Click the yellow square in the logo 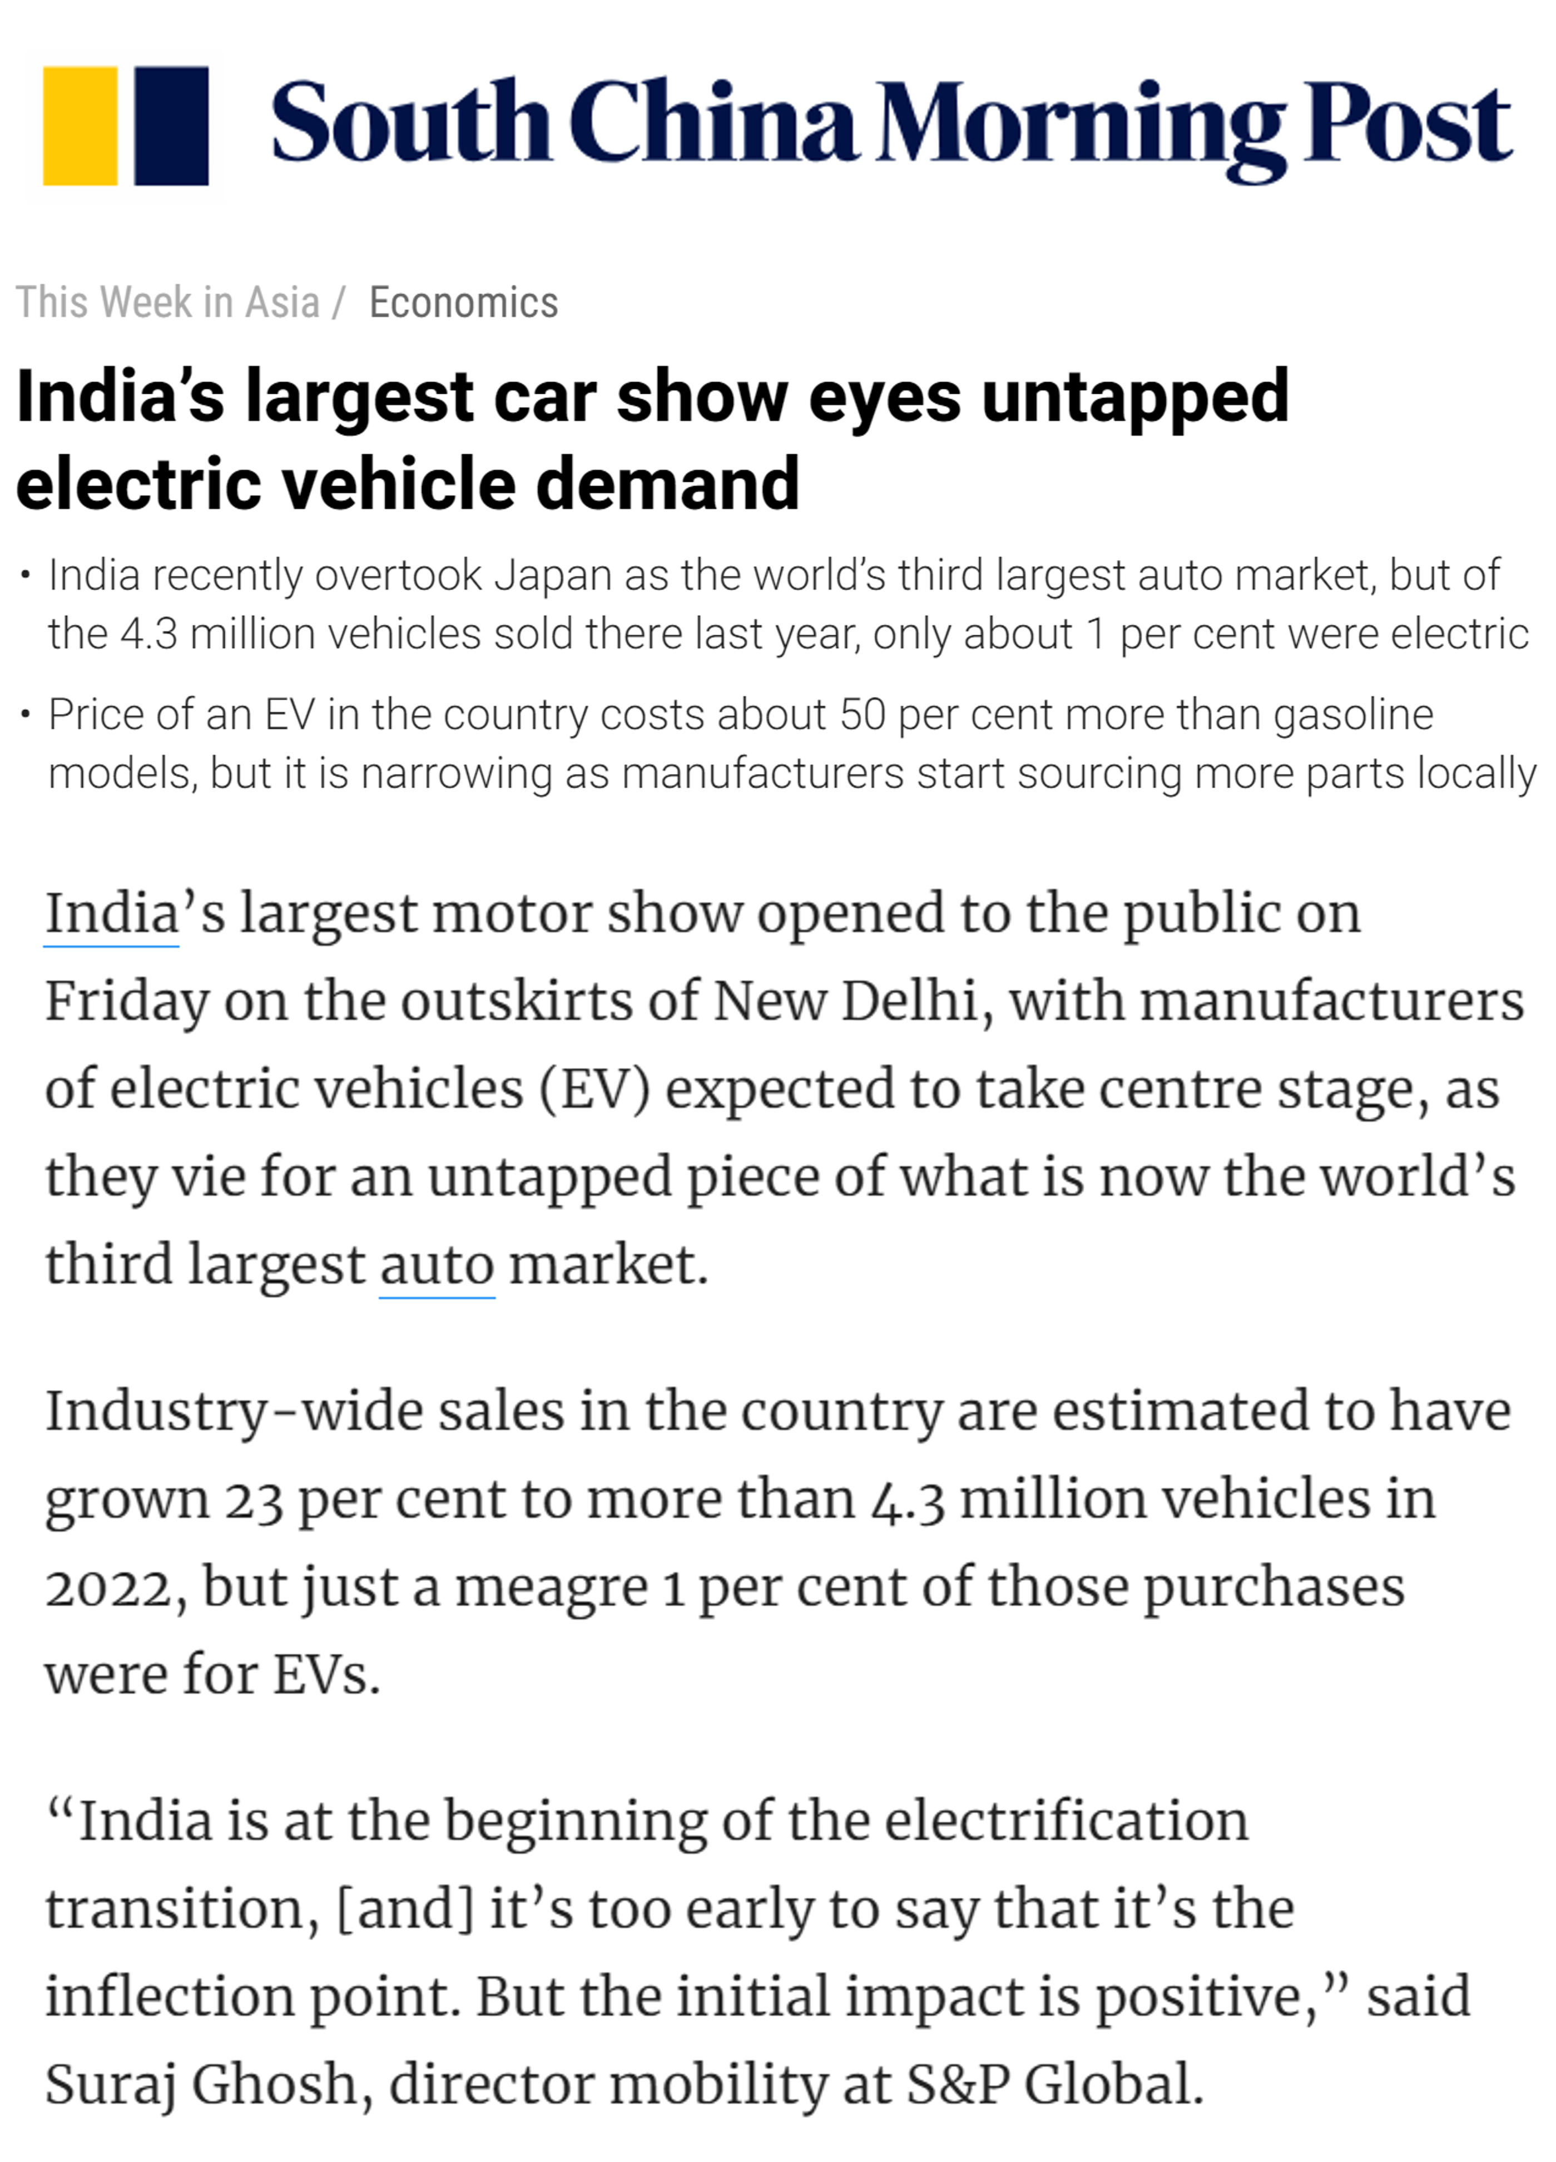pyautogui.click(x=80, y=125)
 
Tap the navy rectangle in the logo pyautogui.click(x=171, y=125)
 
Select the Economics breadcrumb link pyautogui.click(x=463, y=303)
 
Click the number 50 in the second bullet pyautogui.click(x=863, y=714)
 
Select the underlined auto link pyautogui.click(x=437, y=1265)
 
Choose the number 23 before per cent pyautogui.click(x=254, y=1500)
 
